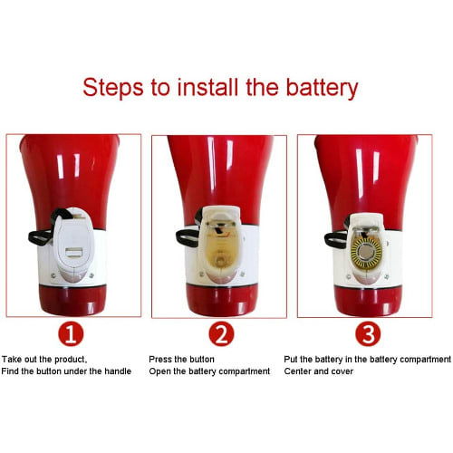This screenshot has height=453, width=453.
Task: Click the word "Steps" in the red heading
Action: (112, 88)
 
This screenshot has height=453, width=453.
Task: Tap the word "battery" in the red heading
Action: (322, 88)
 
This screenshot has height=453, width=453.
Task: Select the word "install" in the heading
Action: (209, 87)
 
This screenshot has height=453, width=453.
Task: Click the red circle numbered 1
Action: (71, 334)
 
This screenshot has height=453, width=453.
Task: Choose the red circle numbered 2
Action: (221, 334)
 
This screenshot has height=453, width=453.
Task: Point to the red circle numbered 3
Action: (368, 334)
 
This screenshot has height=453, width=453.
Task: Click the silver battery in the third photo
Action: (366, 252)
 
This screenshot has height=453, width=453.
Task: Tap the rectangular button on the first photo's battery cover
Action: (74, 252)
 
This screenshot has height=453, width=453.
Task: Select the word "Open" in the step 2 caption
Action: (159, 371)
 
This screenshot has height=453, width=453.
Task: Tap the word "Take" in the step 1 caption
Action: (12, 359)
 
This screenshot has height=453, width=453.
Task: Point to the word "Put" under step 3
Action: (291, 359)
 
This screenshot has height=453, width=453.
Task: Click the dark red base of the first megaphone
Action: (72, 300)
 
